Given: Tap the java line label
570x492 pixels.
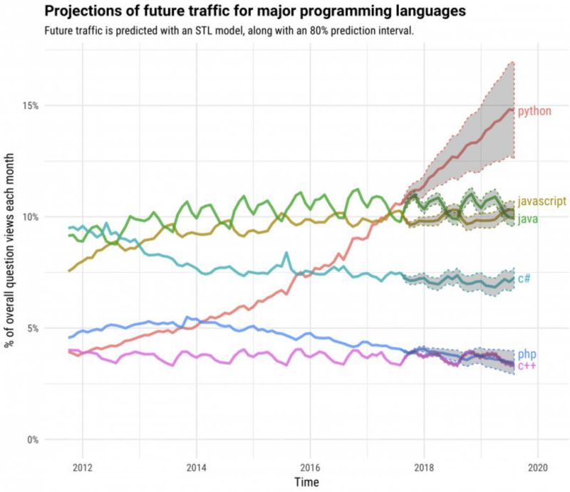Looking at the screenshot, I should click(x=528, y=218).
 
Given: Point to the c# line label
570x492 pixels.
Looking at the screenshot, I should click(x=524, y=278).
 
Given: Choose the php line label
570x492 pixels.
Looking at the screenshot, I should click(x=527, y=354).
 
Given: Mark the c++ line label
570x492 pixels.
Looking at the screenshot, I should click(x=527, y=365).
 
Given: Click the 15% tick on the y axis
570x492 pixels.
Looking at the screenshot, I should click(x=29, y=105).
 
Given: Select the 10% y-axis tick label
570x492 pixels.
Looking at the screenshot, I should click(x=29, y=216).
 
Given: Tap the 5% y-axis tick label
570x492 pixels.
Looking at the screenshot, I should click(x=31, y=328).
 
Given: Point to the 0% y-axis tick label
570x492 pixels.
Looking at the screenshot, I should click(x=31, y=439).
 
